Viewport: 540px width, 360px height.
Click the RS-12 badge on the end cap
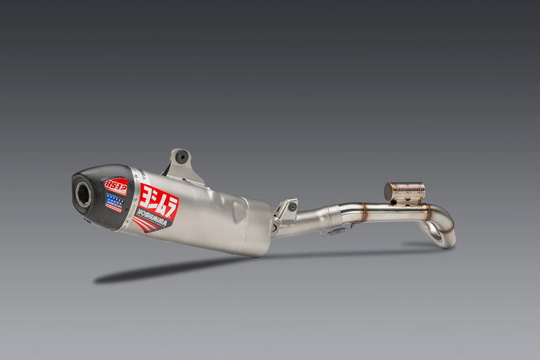[x=115, y=186]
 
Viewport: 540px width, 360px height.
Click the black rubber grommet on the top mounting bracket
[x=182, y=157]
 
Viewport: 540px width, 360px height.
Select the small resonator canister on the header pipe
[x=405, y=191]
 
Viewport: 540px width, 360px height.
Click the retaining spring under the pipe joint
[x=334, y=232]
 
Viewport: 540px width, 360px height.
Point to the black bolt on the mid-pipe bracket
[x=293, y=207]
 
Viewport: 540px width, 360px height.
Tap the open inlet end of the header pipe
[x=435, y=234]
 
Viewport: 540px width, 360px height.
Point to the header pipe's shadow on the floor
[x=418, y=245]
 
